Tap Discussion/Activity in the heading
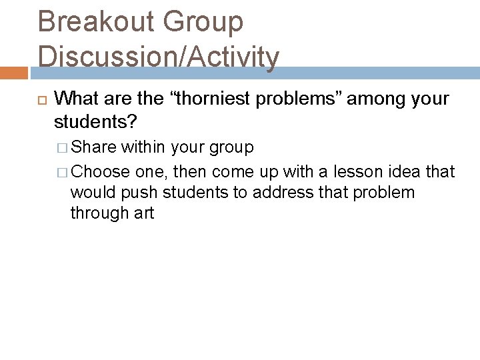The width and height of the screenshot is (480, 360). (x=159, y=57)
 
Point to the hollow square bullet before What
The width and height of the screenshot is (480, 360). (x=41, y=100)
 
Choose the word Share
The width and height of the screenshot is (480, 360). (x=93, y=147)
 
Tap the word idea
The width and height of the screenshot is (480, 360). (x=400, y=171)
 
